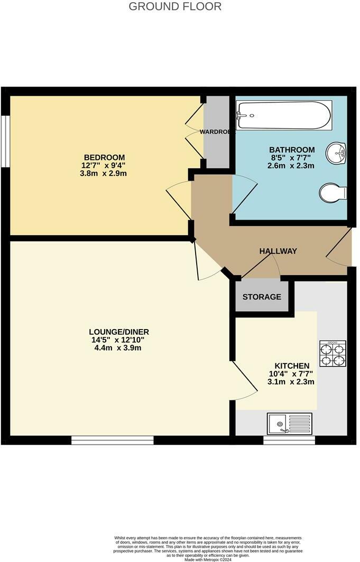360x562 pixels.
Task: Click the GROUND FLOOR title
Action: (x=175, y=7)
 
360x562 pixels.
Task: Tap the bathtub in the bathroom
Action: (x=284, y=115)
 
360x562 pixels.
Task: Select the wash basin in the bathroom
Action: (x=336, y=153)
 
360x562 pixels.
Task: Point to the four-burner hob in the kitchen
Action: (x=333, y=354)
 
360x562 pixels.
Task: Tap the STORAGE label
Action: (x=262, y=297)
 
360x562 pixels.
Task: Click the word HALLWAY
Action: (x=278, y=251)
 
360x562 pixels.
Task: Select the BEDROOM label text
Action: (x=104, y=157)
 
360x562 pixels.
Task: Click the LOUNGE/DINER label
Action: (x=119, y=332)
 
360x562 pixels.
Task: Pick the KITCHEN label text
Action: (x=291, y=366)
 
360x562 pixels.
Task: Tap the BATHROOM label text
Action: (x=292, y=150)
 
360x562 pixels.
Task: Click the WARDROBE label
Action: (x=217, y=132)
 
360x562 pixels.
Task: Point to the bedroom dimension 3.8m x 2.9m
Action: (x=104, y=173)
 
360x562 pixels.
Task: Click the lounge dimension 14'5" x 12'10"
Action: (x=119, y=340)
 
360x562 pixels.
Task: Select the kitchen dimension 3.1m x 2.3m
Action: (x=291, y=382)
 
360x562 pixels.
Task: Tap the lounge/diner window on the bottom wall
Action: (x=112, y=440)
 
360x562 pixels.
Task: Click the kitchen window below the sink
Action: (x=289, y=440)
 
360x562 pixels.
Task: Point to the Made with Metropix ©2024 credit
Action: (x=208, y=559)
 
